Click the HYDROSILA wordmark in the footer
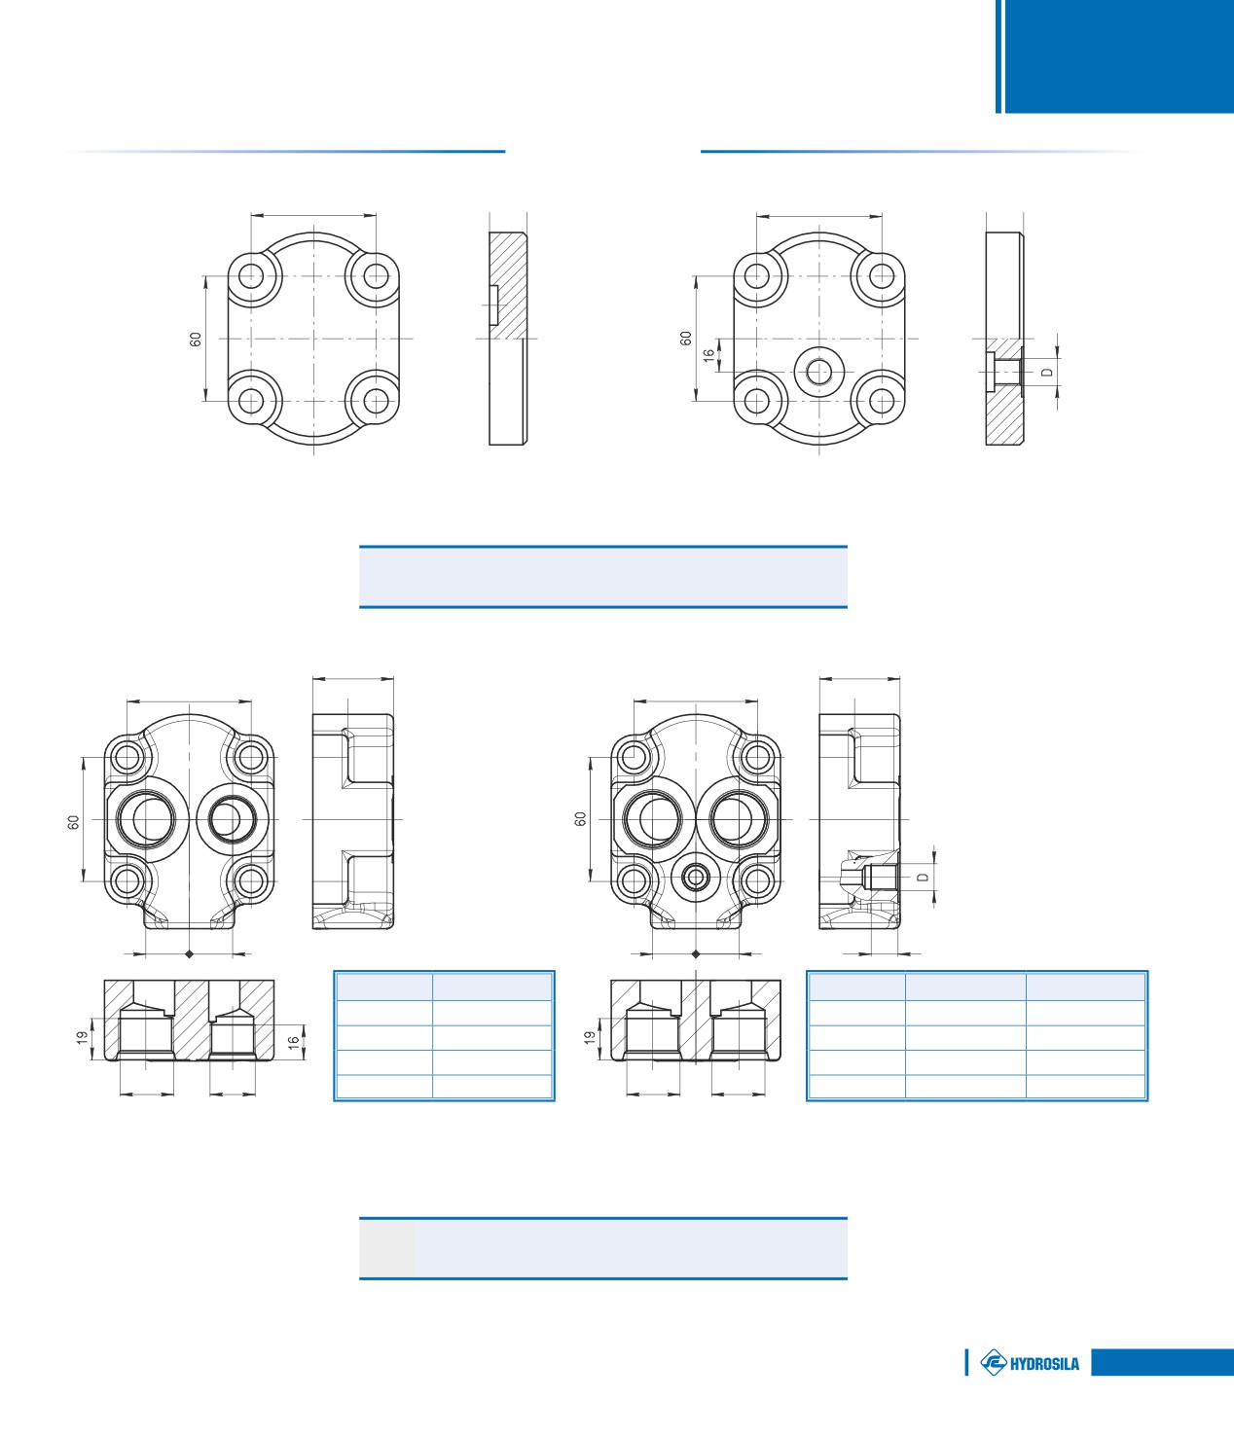(x=1044, y=1363)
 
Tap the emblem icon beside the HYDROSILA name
(x=993, y=1363)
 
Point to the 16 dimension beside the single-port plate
(x=708, y=355)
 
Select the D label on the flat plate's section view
(x=1047, y=372)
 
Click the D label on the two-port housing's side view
(x=923, y=877)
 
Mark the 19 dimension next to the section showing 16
(x=82, y=1038)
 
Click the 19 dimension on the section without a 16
(x=590, y=1038)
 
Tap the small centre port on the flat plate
(x=819, y=372)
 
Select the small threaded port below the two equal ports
(x=695, y=877)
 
